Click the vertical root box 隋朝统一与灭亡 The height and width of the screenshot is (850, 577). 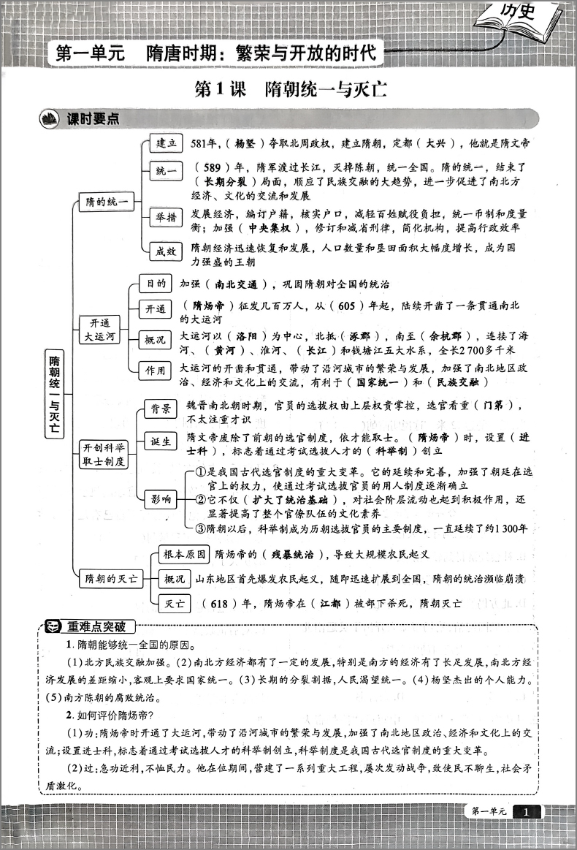point(56,394)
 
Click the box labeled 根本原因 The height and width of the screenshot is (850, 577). point(184,555)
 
